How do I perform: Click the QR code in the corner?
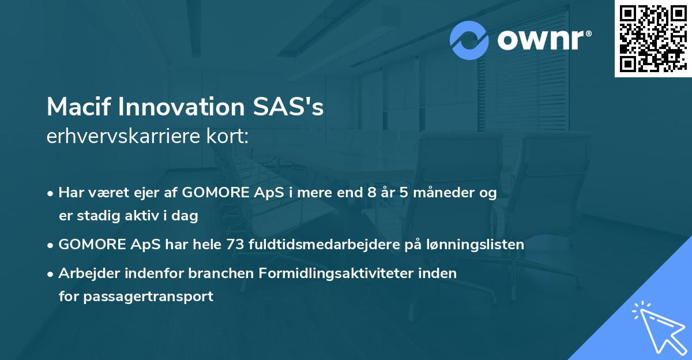[x=653, y=38]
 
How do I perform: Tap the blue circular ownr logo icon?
[x=469, y=40]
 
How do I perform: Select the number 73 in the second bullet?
[x=236, y=245]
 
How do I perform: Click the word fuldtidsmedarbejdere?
[x=322, y=245]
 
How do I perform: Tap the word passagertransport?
[x=148, y=297]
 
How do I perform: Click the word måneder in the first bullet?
[x=435, y=193]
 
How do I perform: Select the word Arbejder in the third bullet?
[x=86, y=273]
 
